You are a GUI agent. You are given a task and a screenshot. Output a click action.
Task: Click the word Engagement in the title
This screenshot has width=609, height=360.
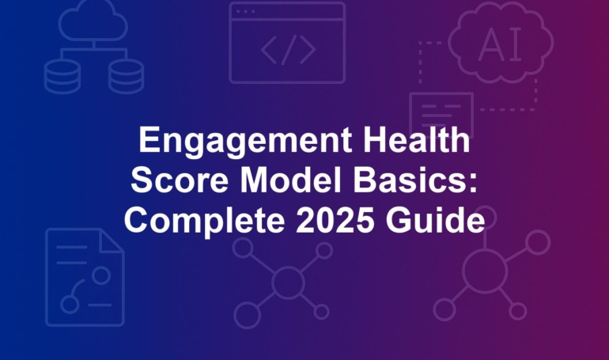pyautogui.click(x=245, y=142)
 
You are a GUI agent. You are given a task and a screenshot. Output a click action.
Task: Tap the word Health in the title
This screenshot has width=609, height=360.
pyautogui.click(x=416, y=139)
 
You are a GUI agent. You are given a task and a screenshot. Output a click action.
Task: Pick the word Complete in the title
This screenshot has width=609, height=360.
pyautogui.click(x=205, y=221)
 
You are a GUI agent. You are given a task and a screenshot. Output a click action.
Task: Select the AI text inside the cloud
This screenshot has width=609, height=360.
pyautogui.click(x=500, y=45)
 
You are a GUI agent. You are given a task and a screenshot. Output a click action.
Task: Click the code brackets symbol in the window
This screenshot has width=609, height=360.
pyautogui.click(x=288, y=50)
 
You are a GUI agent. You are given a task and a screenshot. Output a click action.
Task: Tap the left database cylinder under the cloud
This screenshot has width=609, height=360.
pyautogui.click(x=62, y=77)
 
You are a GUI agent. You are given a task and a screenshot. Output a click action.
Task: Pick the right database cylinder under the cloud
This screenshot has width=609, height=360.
pyautogui.click(x=127, y=77)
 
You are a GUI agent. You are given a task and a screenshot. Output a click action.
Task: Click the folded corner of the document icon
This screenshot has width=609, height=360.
pyautogui.click(x=112, y=241)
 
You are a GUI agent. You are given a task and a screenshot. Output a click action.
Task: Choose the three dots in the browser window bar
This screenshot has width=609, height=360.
pyautogui.click(x=245, y=12)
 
